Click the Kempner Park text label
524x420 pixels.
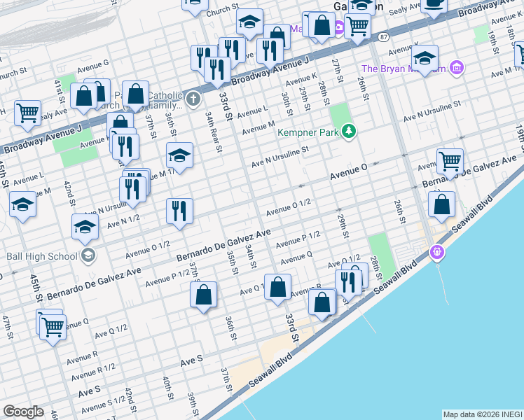[x=308, y=132]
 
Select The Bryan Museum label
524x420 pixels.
[x=404, y=69]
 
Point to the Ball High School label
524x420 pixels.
[x=43, y=255]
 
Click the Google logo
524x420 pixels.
[x=23, y=412]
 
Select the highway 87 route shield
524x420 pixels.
[x=382, y=36]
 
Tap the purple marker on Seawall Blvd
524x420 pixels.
[x=438, y=251]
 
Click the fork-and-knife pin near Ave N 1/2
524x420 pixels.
[x=179, y=210]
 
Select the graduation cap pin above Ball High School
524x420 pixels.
[x=85, y=226]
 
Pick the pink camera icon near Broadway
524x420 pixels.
[x=338, y=28]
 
